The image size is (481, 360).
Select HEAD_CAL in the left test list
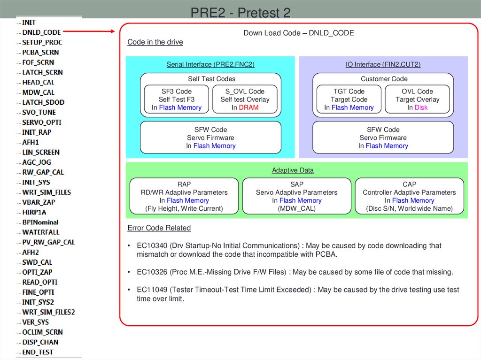pos(38,82)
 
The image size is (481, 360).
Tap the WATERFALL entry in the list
pos(41,232)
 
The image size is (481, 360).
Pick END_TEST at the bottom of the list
pos(38,352)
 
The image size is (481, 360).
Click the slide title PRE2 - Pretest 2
pos(240,12)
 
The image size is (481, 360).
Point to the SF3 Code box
pos(177,100)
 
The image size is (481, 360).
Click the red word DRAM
pos(249,107)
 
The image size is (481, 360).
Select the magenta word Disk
pos(421,107)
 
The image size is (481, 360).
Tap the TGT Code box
pos(349,100)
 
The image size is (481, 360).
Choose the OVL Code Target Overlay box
pos(418,100)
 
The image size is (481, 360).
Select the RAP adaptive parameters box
pos(184,196)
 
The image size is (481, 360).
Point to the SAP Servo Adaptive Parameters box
pos(297,196)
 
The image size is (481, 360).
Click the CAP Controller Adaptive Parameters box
pos(409,196)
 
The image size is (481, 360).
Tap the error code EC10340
pos(152,245)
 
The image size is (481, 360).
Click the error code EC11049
pos(152,290)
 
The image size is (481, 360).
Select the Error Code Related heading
pos(159,228)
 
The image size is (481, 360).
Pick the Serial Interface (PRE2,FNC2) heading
pos(210,64)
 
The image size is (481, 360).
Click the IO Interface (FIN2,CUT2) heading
pos(383,64)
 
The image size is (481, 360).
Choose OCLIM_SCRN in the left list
pos(42,332)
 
